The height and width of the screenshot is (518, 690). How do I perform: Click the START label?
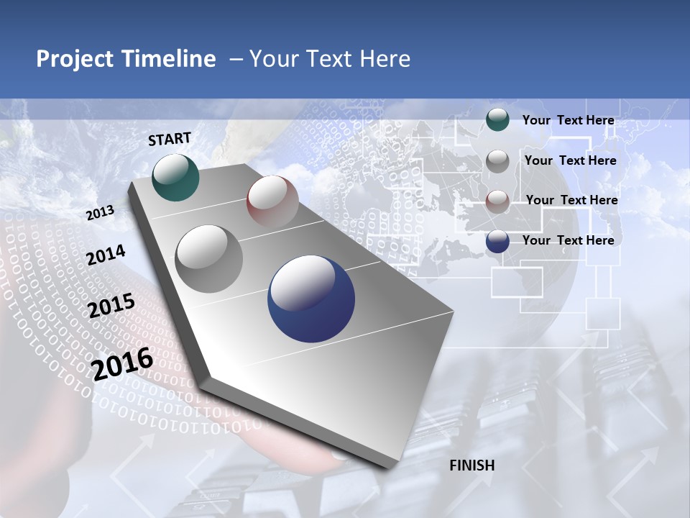click(170, 139)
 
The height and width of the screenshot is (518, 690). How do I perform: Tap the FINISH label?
click(471, 465)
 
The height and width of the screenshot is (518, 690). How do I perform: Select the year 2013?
click(100, 213)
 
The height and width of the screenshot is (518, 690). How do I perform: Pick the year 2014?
click(106, 255)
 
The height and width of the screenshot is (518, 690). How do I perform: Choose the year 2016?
click(122, 364)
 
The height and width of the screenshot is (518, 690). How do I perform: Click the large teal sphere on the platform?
click(176, 177)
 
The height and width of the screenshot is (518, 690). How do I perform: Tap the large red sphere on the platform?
click(272, 201)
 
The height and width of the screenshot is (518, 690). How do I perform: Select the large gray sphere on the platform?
click(209, 259)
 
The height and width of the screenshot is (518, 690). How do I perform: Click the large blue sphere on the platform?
click(311, 299)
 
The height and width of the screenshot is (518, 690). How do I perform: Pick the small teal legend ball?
click(497, 119)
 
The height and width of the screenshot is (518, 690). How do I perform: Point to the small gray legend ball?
click(497, 161)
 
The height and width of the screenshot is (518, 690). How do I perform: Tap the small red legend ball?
click(497, 201)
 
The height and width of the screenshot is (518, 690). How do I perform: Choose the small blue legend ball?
click(497, 241)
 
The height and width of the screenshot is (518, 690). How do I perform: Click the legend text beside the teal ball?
click(568, 120)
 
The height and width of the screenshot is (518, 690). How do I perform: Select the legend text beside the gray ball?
click(570, 160)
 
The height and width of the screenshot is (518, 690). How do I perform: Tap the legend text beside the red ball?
click(571, 200)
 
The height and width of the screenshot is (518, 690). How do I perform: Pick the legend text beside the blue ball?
click(568, 240)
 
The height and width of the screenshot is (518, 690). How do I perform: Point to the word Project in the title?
click(75, 60)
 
